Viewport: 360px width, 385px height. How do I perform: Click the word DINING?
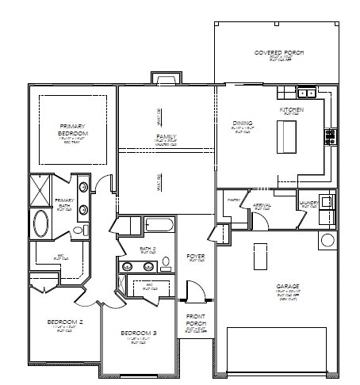click(x=243, y=123)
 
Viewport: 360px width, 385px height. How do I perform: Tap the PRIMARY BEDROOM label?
click(x=72, y=130)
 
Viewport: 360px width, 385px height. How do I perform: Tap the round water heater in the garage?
click(x=327, y=240)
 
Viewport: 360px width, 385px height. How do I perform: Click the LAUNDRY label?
click(x=310, y=203)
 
